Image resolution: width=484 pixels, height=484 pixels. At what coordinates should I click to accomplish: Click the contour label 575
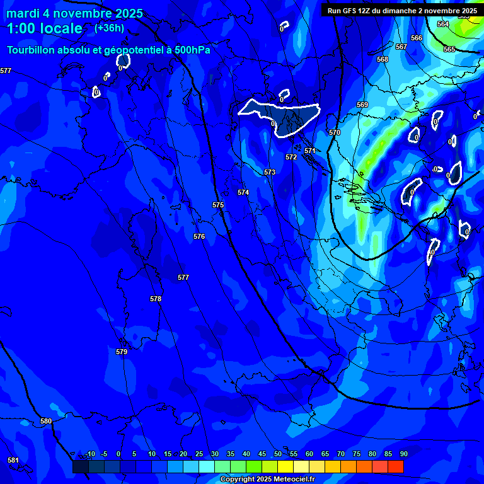click(218, 205)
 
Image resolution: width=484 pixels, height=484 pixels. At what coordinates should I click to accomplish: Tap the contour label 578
click(156, 299)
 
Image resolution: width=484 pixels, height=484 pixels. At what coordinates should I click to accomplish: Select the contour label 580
click(46, 421)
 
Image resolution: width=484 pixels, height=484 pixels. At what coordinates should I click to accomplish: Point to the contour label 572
click(291, 157)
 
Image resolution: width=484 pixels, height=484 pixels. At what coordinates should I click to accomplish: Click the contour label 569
click(362, 105)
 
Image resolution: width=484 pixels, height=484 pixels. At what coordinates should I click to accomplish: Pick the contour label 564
click(443, 24)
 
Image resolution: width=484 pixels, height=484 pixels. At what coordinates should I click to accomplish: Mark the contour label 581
click(13, 460)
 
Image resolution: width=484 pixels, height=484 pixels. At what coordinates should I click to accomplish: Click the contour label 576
click(199, 236)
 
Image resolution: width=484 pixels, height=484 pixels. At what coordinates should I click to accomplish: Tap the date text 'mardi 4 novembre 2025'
click(74, 13)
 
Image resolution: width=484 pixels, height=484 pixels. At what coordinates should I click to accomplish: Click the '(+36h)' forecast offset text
click(109, 28)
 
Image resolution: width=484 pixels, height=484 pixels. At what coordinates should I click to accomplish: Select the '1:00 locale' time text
click(45, 28)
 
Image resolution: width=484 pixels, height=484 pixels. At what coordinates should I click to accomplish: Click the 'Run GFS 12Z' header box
click(401, 10)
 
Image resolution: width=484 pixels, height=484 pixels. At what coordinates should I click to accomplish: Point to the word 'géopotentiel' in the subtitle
click(134, 50)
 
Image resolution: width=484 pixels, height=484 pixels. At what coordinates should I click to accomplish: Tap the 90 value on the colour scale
click(403, 454)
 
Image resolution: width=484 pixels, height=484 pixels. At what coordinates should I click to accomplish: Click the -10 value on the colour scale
click(89, 454)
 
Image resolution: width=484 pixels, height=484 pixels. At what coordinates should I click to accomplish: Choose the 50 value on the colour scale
click(277, 454)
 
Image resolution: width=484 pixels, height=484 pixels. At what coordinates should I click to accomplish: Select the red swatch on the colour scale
click(395, 466)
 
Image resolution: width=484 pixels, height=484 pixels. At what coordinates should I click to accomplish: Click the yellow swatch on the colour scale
click(285, 466)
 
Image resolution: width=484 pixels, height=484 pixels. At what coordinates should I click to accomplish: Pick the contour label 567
click(401, 47)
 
